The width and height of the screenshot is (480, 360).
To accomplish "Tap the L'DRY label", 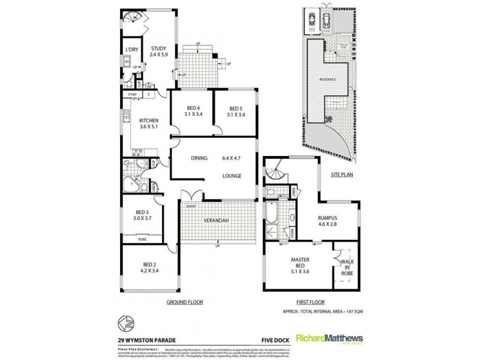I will coord(132,50).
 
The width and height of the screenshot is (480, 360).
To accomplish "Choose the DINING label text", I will coord(199,158).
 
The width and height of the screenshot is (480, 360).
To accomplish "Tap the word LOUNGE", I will coord(231,176).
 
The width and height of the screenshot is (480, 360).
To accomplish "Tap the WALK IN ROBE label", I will coord(347,266).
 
